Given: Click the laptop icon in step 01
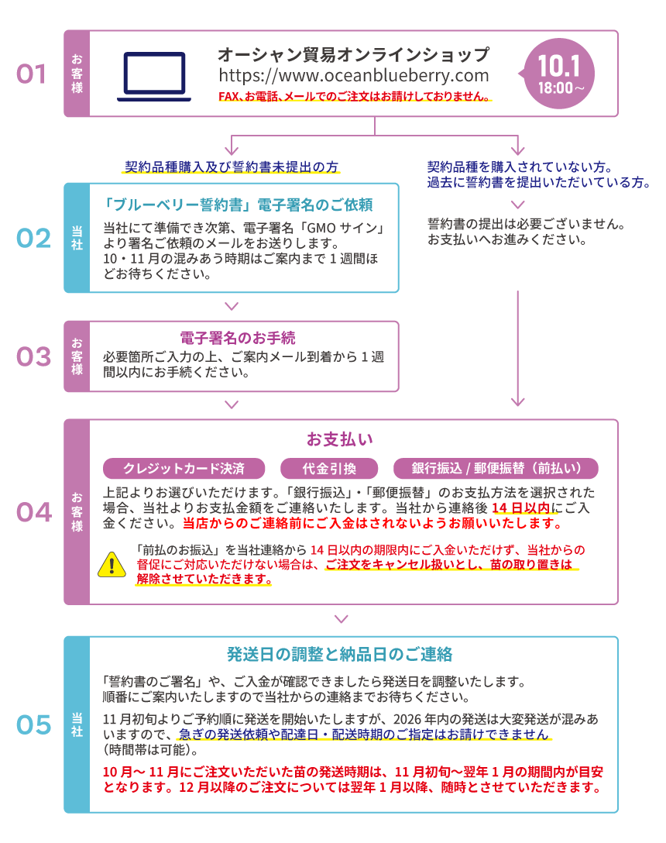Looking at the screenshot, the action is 154,77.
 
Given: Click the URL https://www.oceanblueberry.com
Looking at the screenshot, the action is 354,76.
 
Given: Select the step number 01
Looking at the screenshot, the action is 31,74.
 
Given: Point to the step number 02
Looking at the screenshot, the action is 33,238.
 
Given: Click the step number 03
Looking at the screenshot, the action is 33,356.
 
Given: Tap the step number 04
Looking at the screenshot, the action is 34,512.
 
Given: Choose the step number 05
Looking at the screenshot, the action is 33,724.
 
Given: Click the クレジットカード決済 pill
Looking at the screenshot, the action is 184,468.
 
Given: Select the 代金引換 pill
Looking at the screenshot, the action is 329,468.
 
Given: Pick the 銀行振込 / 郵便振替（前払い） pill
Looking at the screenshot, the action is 496,468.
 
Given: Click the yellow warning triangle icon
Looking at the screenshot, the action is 112,565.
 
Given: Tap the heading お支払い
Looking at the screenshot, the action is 340,439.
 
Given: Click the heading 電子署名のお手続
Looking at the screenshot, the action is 238,338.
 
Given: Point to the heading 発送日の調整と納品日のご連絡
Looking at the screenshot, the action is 340,654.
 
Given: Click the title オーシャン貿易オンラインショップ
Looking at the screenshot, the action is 354,54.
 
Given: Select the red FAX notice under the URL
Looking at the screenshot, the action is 355,96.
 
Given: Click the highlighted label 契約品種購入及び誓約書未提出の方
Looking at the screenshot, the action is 232,167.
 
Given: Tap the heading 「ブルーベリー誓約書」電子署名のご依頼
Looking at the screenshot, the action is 238,205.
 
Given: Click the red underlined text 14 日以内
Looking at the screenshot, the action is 521,508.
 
